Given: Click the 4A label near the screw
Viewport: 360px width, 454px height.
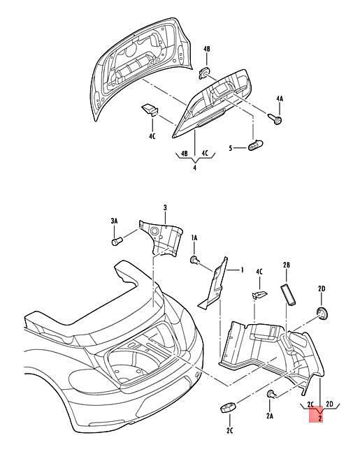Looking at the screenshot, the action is coord(280,98).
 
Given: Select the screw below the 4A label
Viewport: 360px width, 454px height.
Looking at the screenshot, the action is coord(275,119).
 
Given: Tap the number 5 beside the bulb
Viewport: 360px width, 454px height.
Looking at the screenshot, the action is coord(231,148).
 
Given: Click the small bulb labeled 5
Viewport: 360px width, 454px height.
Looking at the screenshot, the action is coord(256,145).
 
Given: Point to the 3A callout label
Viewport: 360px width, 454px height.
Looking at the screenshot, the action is coord(114,221).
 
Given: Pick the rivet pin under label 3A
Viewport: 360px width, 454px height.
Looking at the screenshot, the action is coord(117,241).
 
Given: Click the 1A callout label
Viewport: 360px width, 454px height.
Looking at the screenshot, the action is coord(194,238).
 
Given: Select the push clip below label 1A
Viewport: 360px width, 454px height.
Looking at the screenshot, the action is coord(195,260).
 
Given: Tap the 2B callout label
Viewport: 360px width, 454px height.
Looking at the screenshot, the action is coord(287,265).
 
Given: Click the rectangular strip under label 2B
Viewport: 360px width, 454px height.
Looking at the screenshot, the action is coord(288,295).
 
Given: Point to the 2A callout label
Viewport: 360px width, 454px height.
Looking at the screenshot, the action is coord(270,416).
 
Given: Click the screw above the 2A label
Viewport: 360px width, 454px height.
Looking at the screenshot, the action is coord(271,394).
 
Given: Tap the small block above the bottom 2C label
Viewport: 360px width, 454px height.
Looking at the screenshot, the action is coord(229,408).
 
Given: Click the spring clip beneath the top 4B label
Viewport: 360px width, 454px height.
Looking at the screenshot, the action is coord(206,73).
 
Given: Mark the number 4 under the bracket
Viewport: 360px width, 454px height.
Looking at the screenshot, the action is coord(194,168).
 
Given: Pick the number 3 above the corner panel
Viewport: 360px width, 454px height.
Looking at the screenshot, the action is coord(165,207).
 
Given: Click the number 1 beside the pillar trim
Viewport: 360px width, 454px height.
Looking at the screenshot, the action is coord(242,270).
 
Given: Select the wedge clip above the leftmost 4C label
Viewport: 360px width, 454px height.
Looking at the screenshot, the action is coord(150,109).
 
